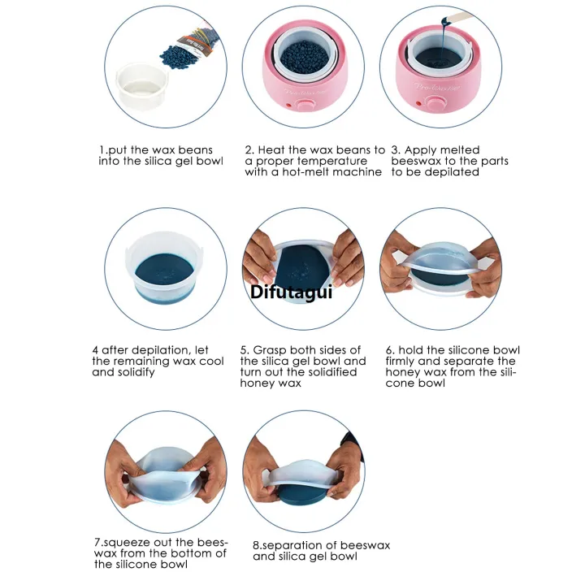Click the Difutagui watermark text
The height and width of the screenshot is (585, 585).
[291, 292]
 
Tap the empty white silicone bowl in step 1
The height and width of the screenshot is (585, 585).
[142, 87]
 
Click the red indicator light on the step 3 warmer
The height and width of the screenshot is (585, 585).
[418, 104]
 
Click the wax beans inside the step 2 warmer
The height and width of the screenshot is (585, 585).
[305, 57]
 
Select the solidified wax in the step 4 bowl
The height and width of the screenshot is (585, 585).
[164, 270]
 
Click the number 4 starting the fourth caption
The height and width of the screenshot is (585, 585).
[96, 350]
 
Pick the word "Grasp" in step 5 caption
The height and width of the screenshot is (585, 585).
[270, 350]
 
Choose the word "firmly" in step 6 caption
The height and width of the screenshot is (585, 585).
[400, 361]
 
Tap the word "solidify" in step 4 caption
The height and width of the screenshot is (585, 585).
[136, 372]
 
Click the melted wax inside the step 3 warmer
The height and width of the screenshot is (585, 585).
[439, 58]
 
